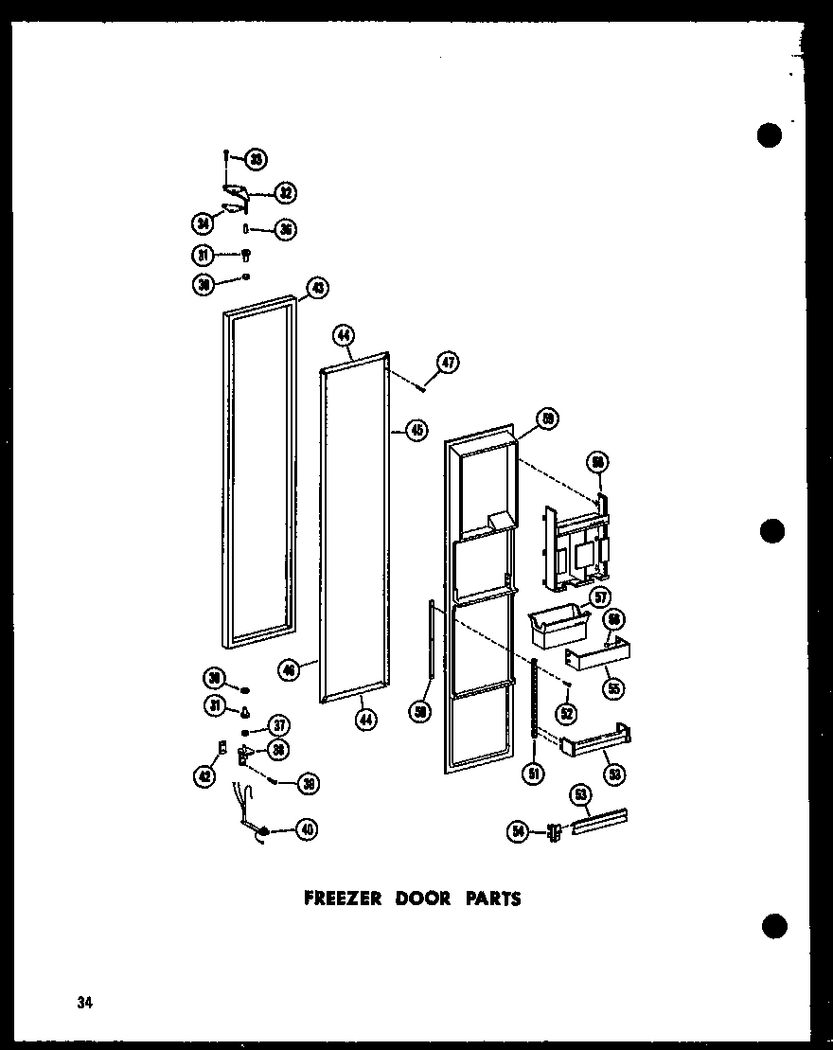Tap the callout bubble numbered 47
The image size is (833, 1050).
pos(448,361)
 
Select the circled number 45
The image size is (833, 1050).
pos(416,430)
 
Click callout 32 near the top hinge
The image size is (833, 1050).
pos(284,193)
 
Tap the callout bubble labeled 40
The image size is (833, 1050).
pos(305,829)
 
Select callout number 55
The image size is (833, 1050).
pos(614,688)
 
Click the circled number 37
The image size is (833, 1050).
pos(278,726)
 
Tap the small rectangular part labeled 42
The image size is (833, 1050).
pos(222,748)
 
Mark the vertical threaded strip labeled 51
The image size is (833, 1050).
pos(535,696)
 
